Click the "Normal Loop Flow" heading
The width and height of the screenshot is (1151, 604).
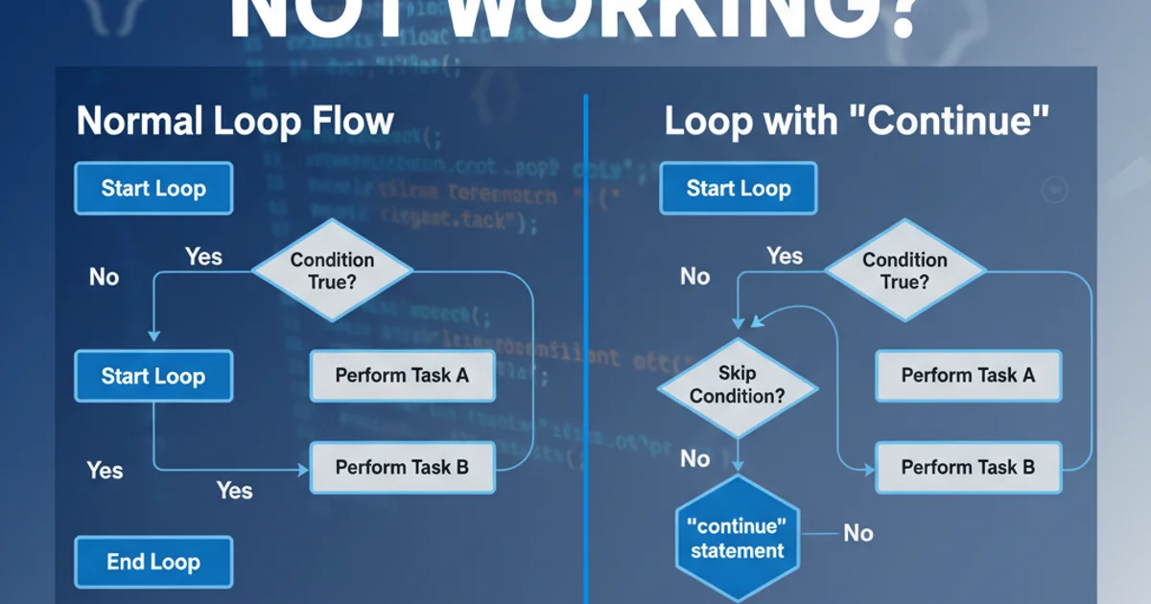[x=235, y=122]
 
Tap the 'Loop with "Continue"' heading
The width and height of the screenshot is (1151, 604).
[x=857, y=122]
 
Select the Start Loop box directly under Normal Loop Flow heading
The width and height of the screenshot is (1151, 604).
[x=153, y=188]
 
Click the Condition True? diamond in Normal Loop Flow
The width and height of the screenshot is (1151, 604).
[x=332, y=271]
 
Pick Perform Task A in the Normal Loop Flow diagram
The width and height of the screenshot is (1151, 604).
[x=402, y=375]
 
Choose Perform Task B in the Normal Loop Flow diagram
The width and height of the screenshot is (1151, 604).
[x=402, y=468]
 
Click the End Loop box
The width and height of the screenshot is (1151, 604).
[x=153, y=562]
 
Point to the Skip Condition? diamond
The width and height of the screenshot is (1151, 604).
[x=737, y=385]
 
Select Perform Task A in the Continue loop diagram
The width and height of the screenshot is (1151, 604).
[x=969, y=375]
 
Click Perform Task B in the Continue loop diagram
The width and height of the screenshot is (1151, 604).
[x=969, y=468]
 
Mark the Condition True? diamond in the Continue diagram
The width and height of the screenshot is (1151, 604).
[x=904, y=271]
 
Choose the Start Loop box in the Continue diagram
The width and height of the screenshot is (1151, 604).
[x=739, y=188]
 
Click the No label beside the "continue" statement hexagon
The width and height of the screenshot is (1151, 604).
[x=857, y=532]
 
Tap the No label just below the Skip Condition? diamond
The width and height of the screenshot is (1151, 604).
[x=694, y=458]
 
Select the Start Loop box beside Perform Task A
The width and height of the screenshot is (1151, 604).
[x=153, y=375]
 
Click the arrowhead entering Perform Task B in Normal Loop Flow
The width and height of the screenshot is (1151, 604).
[x=303, y=469]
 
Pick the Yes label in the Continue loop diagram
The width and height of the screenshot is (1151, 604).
[x=785, y=256]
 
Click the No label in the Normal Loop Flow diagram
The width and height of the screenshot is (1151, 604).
[x=104, y=277]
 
